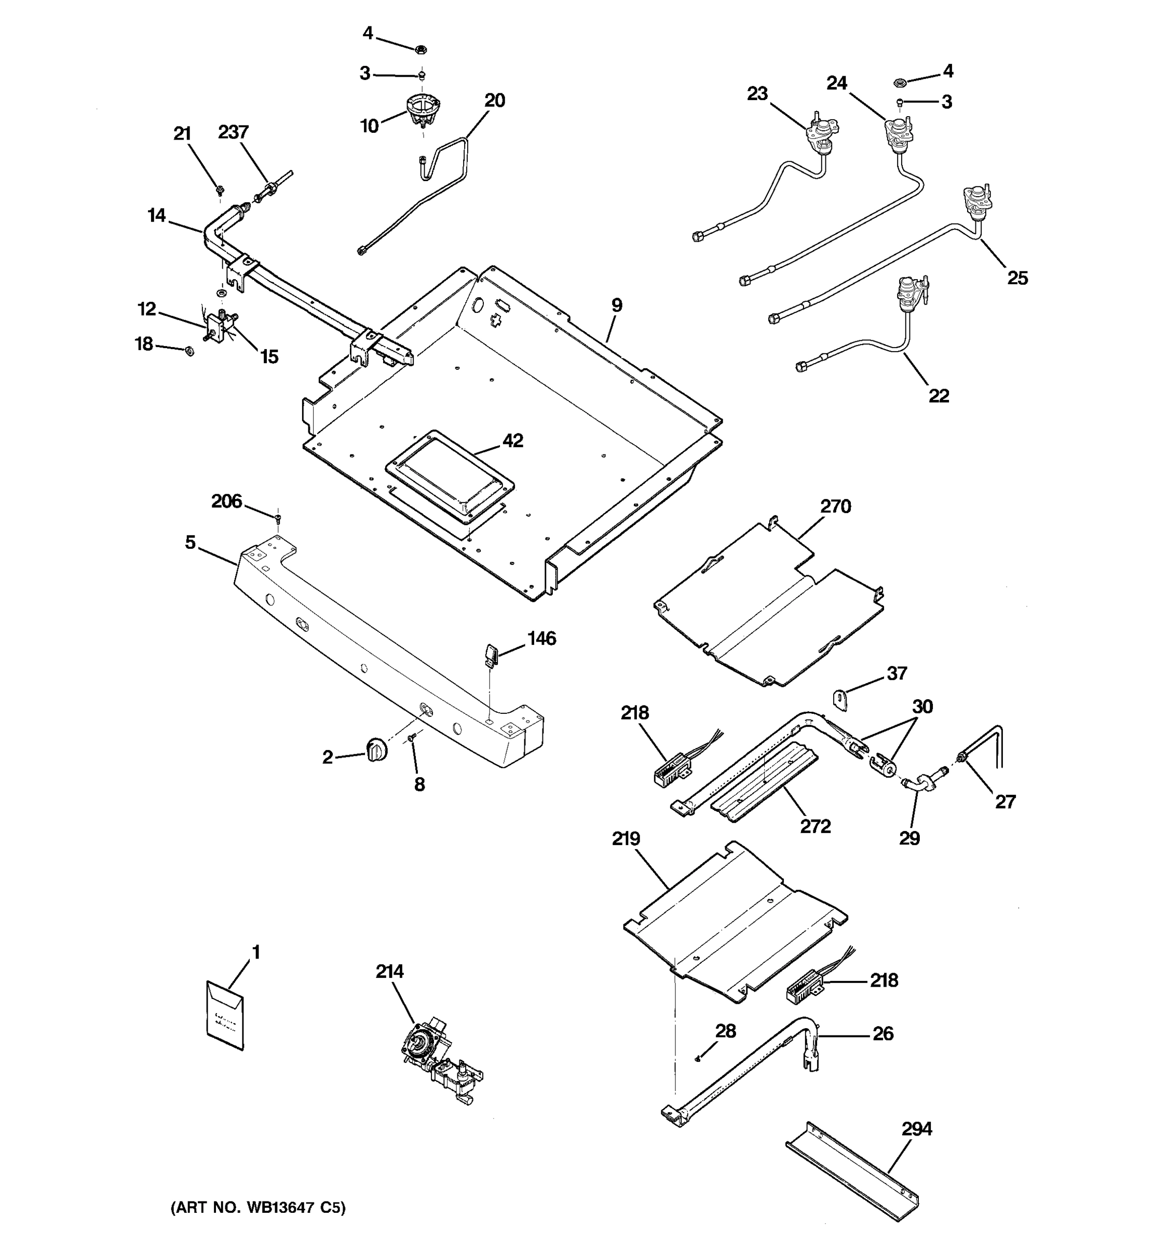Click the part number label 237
[x=233, y=132]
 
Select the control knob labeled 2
[x=376, y=750]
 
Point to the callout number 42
[x=512, y=441]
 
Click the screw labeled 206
[x=278, y=518]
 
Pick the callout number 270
[x=836, y=506]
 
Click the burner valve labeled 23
[x=818, y=135]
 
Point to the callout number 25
[x=1017, y=278]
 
